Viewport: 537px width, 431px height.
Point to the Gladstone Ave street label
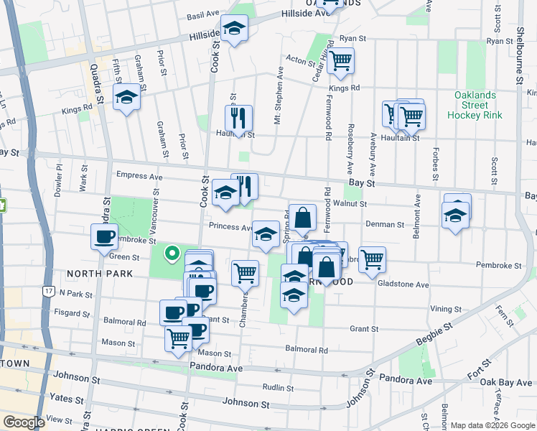click(x=403, y=284)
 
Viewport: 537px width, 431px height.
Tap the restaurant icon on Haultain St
click(x=238, y=117)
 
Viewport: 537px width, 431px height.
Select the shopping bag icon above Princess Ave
click(x=304, y=216)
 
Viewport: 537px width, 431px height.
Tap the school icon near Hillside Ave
click(x=233, y=29)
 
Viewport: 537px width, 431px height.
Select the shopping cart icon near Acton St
click(x=341, y=61)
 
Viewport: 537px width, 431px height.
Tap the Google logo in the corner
click(x=24, y=422)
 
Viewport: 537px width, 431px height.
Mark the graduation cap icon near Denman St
click(x=456, y=213)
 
